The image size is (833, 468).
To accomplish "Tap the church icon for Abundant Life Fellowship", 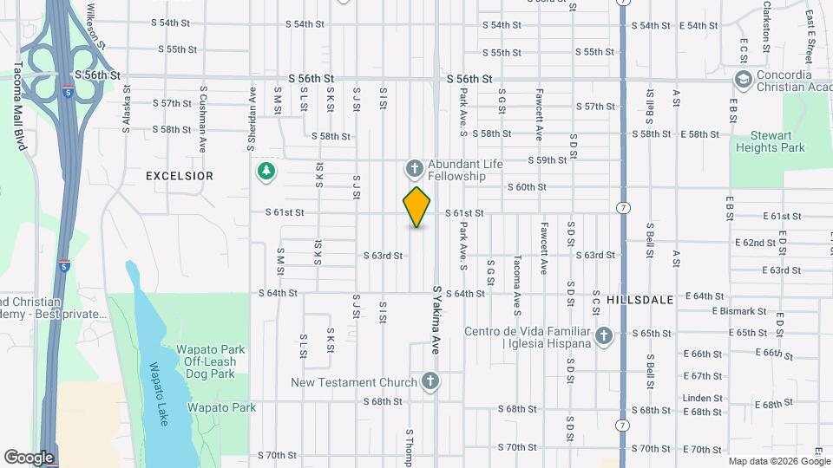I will (414, 167).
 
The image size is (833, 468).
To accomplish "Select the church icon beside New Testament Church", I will (429, 381).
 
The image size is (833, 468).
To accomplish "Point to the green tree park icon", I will (266, 172).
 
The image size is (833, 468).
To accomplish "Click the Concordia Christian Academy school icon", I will (743, 80).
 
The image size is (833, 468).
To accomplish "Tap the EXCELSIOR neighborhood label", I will (179, 176).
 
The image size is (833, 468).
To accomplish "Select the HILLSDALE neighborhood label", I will (640, 299).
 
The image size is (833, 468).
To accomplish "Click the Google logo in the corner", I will (29, 457).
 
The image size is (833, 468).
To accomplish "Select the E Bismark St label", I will (739, 310).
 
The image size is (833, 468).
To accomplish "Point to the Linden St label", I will (702, 398).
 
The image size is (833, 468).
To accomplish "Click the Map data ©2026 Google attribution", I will (778, 461).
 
